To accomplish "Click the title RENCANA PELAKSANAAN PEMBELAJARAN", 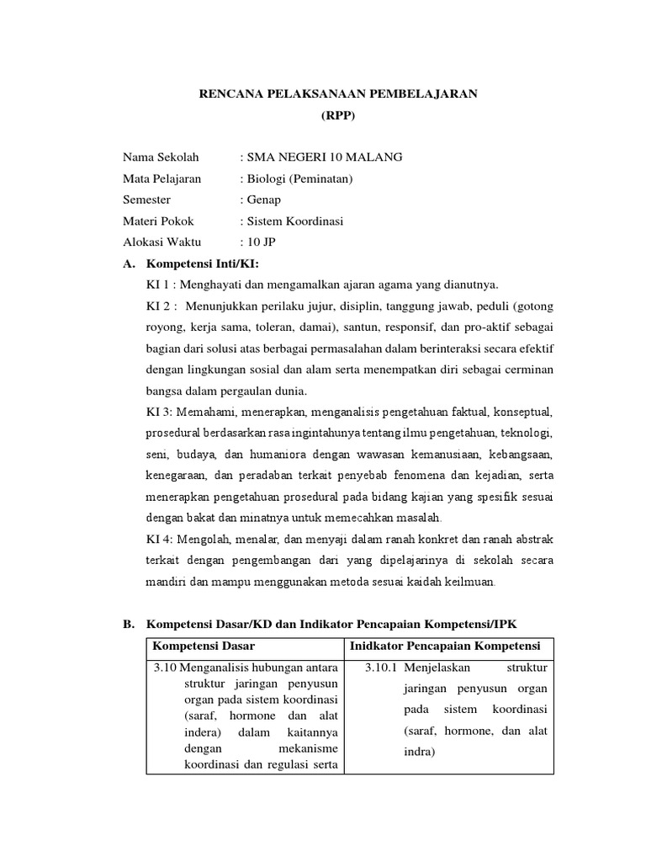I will (x=337, y=93).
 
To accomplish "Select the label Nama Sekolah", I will (x=156, y=157).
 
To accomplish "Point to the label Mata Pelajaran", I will (x=161, y=178).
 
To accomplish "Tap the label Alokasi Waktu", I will (x=161, y=242).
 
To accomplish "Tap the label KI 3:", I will (x=158, y=412).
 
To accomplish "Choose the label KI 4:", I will (x=158, y=539).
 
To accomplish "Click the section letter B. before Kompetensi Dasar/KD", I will (x=129, y=624).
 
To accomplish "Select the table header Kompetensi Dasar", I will (x=204, y=646).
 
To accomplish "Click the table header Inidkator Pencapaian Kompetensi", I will (x=447, y=646).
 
